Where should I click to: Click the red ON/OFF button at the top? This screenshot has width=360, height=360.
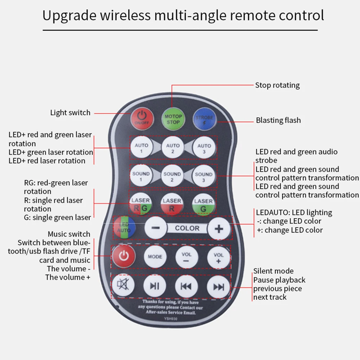pyautogui.click(x=142, y=117)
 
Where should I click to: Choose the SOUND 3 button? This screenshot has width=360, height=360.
pyautogui.click(x=204, y=176)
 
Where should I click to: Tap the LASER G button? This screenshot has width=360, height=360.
pyautogui.click(x=204, y=204)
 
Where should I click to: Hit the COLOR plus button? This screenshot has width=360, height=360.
pyautogui.click(x=219, y=228)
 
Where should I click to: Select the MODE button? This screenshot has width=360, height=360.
pyautogui.click(x=155, y=257)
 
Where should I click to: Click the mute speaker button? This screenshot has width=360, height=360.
pyautogui.click(x=123, y=285)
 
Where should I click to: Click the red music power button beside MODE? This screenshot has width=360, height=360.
pyautogui.click(x=123, y=256)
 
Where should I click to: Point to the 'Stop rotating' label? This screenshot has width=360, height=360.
pyautogui.click(x=277, y=85)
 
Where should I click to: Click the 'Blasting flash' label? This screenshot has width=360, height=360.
pyautogui.click(x=278, y=120)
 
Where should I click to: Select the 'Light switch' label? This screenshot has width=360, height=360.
pyautogui.click(x=70, y=113)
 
